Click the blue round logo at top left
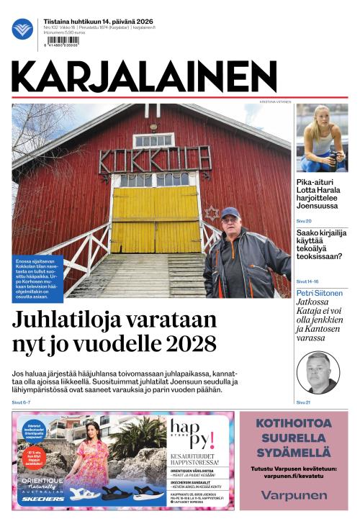[x=22, y=29]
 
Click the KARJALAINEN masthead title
[x=144, y=77]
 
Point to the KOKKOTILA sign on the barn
[x=155, y=159]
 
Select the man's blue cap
[x=230, y=212]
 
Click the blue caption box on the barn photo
[x=37, y=277]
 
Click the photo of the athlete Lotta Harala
[x=322, y=137]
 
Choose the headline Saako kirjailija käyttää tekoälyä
[x=321, y=244]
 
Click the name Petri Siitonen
[x=320, y=293]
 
